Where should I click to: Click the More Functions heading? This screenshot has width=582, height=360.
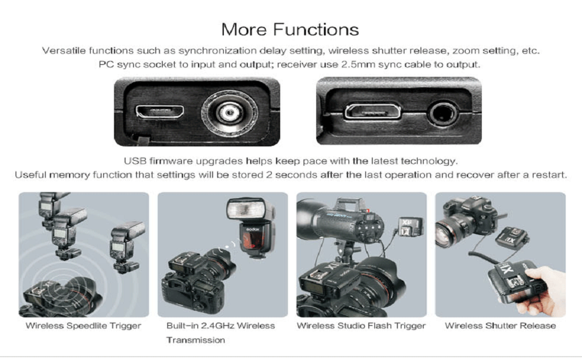click(x=290, y=29)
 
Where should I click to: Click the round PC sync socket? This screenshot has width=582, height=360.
click(x=229, y=112)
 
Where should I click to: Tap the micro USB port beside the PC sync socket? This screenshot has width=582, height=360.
click(x=160, y=112)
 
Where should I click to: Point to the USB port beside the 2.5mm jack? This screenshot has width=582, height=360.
click(x=373, y=111)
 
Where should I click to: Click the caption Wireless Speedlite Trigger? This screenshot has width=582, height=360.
click(x=83, y=326)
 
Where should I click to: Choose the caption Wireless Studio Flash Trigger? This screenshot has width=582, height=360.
click(x=361, y=326)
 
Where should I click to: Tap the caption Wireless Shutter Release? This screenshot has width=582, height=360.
click(x=500, y=326)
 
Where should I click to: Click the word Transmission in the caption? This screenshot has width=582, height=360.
click(x=196, y=340)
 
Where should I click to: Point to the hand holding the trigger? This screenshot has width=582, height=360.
click(x=542, y=289)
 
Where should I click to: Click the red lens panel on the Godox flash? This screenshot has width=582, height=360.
click(x=253, y=240)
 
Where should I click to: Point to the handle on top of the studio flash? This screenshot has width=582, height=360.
click(x=347, y=203)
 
